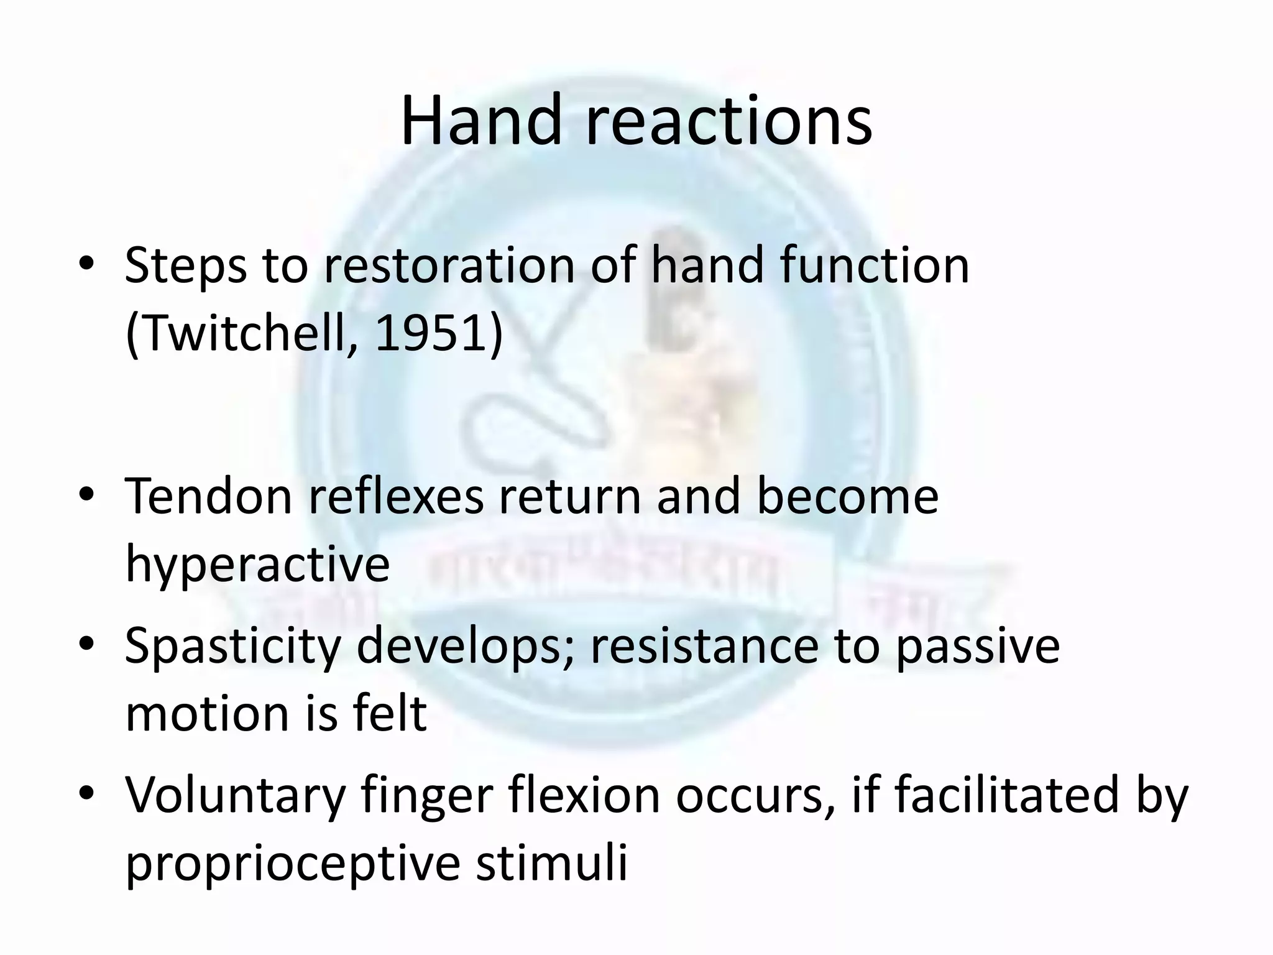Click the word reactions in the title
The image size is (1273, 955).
pyautogui.click(x=728, y=121)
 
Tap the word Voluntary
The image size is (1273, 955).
pyautogui.click(x=235, y=796)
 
